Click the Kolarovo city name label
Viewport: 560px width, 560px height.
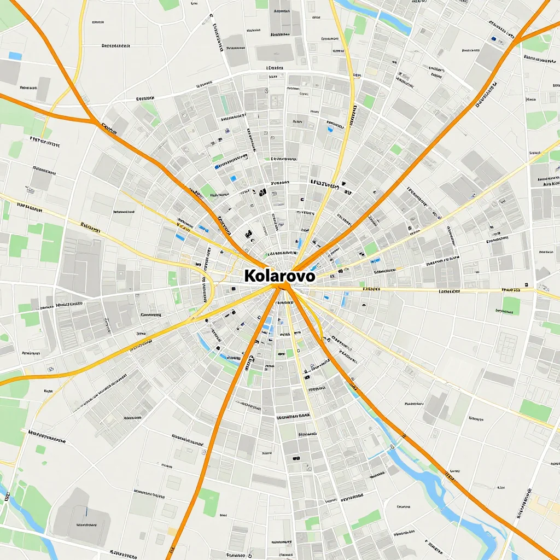point(279,276)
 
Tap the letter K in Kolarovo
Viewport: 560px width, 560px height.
point(250,276)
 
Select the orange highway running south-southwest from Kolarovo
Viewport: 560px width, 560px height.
point(230,410)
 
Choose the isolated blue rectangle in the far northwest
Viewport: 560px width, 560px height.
point(15,56)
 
